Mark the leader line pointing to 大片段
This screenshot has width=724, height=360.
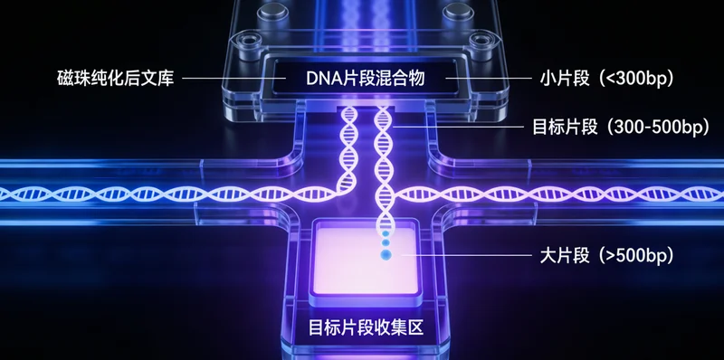462,256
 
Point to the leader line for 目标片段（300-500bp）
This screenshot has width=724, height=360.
452,127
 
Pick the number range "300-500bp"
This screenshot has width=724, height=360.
652,127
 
